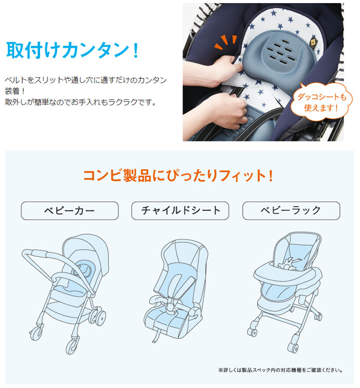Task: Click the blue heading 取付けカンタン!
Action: pyautogui.click(x=72, y=50)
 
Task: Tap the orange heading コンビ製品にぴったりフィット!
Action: pyautogui.click(x=178, y=175)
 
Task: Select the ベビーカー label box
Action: pyautogui.click(x=70, y=211)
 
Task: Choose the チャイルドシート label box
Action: pyautogui.click(x=180, y=211)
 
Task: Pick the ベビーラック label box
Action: pyautogui.click(x=291, y=211)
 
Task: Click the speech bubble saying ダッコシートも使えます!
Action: pyautogui.click(x=321, y=102)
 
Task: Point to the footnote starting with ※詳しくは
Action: pyautogui.click(x=280, y=371)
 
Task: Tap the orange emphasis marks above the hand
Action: pyautogui.click(x=226, y=42)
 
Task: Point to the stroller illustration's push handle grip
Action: pyautogui.click(x=39, y=253)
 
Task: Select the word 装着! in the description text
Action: pyautogui.click(x=15, y=91)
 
